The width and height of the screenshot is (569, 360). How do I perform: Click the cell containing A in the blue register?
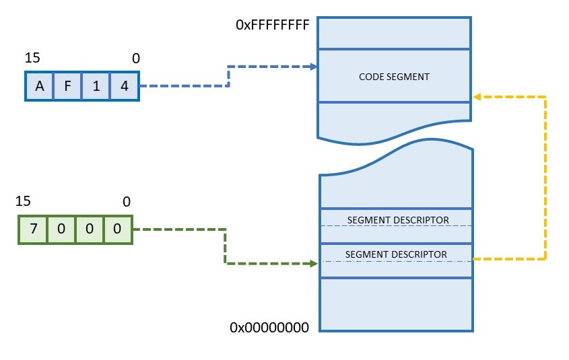tap(40, 86)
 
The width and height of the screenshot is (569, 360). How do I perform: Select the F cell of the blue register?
tap(68, 86)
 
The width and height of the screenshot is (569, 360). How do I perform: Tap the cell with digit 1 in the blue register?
tap(96, 86)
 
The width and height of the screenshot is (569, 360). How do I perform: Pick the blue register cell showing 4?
tap(125, 86)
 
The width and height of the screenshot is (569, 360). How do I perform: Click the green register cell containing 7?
tap(33, 229)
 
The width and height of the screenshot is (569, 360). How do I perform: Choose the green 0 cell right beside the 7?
tap(61, 229)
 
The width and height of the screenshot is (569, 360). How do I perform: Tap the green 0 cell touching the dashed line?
tap(117, 229)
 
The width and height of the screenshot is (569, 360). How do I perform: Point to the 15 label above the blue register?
tap(32, 59)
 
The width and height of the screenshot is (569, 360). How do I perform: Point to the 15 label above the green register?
tap(23, 201)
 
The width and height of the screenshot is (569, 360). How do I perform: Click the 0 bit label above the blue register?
tap(136, 59)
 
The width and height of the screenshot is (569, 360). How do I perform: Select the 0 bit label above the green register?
tap(127, 202)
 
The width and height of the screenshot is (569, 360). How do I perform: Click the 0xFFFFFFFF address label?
tap(272, 26)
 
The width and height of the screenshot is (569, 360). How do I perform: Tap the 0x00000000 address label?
tap(269, 328)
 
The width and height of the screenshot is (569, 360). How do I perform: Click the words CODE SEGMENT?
tap(394, 77)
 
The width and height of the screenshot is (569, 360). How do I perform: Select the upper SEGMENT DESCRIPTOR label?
tap(398, 220)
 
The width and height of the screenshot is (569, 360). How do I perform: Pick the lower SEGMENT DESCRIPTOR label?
tap(396, 254)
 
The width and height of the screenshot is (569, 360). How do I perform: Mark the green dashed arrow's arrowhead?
tap(313, 264)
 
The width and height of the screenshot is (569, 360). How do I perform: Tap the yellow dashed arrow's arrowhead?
tap(476, 97)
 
